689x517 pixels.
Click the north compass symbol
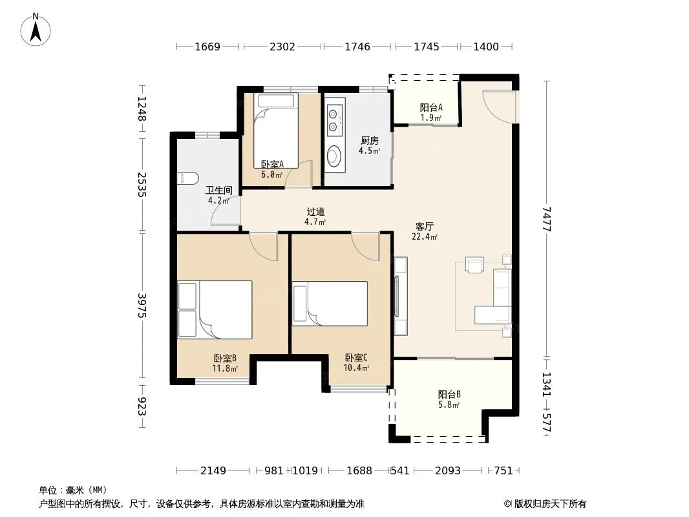[x=36, y=29]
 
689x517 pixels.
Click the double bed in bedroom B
[x=215, y=309]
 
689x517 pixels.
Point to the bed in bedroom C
[x=330, y=304]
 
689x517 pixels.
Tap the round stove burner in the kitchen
[x=335, y=156]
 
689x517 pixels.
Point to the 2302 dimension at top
[x=282, y=47]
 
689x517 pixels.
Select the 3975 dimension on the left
[x=142, y=305]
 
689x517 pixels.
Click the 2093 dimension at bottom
[x=447, y=470]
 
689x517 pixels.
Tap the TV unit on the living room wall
[x=401, y=295]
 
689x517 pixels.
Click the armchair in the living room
[x=475, y=265]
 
